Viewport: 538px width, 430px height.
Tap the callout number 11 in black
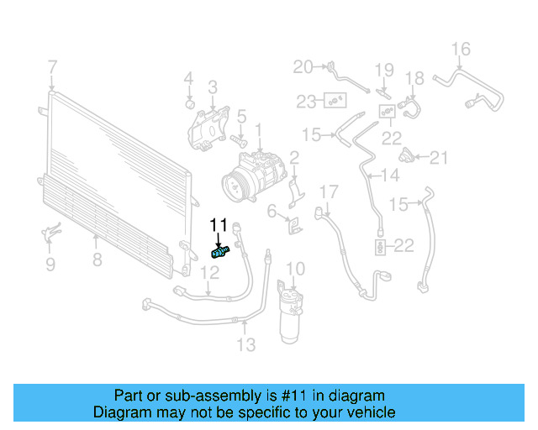[219, 224]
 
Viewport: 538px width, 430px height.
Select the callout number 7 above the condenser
[52, 66]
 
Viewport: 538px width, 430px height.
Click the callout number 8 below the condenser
[97, 260]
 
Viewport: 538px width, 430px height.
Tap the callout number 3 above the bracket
[213, 87]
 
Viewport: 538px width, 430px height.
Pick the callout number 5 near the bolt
[240, 117]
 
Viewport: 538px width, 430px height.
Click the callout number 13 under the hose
[245, 343]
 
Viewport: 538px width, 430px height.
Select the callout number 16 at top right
[462, 48]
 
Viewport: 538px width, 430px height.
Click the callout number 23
[307, 102]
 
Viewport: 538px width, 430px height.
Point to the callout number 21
[440, 156]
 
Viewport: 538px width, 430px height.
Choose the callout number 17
[328, 191]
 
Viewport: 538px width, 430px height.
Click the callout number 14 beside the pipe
[390, 176]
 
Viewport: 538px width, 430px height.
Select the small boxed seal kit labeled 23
[335, 102]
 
